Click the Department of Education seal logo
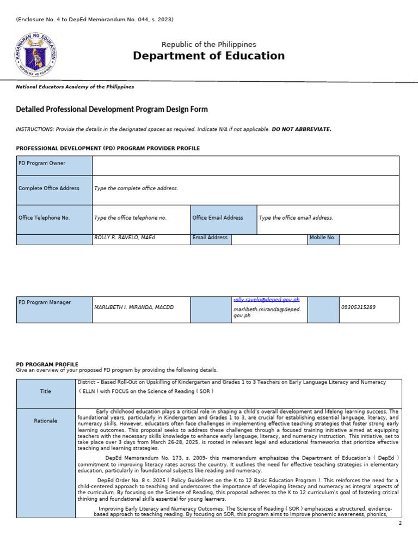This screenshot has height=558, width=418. point(35,53)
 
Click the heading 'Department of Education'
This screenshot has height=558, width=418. point(209,56)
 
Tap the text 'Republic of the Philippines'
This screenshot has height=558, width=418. point(209,44)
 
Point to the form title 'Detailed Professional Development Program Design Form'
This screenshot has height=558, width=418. point(112,110)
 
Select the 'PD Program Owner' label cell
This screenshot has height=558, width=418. point(54,165)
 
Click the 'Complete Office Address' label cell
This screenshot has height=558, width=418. point(54,189)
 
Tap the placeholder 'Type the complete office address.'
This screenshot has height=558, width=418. point(136,189)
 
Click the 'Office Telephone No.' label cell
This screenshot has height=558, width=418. point(54,218)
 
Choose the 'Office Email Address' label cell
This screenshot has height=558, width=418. point(223,218)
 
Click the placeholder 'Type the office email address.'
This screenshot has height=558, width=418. point(296,218)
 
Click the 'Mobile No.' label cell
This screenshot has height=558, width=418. point(323,238)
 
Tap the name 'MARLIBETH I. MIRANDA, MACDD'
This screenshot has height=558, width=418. point(134,307)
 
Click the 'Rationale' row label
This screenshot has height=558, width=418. point(46,421)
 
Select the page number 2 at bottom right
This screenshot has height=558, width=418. point(400,523)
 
